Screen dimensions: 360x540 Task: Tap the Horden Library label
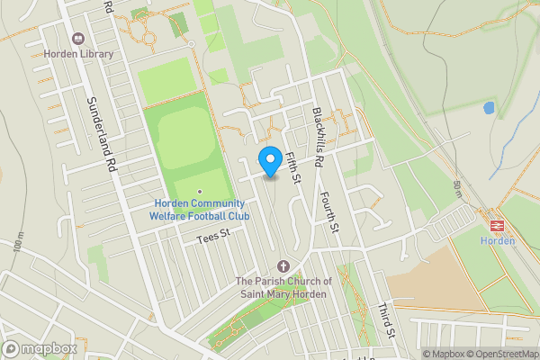[x=79, y=54]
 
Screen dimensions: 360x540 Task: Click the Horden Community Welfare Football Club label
[x=200, y=209]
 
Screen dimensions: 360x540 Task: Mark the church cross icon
[x=284, y=265]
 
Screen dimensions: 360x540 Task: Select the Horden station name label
[x=497, y=240]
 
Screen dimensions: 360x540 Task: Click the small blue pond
[x=489, y=108]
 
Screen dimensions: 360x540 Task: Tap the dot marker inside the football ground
[x=200, y=192]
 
